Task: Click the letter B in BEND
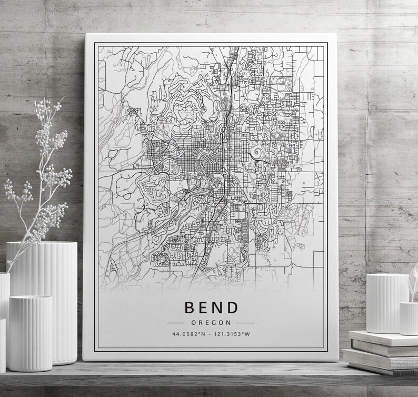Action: click(189, 307)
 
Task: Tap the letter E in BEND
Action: click(203, 307)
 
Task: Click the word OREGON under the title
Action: click(210, 322)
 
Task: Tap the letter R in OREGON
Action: click(201, 322)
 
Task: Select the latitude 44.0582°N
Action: click(187, 334)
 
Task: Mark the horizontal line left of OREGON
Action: click(175, 322)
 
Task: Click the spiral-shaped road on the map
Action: click(257, 153)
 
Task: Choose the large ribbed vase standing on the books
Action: click(387, 303)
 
